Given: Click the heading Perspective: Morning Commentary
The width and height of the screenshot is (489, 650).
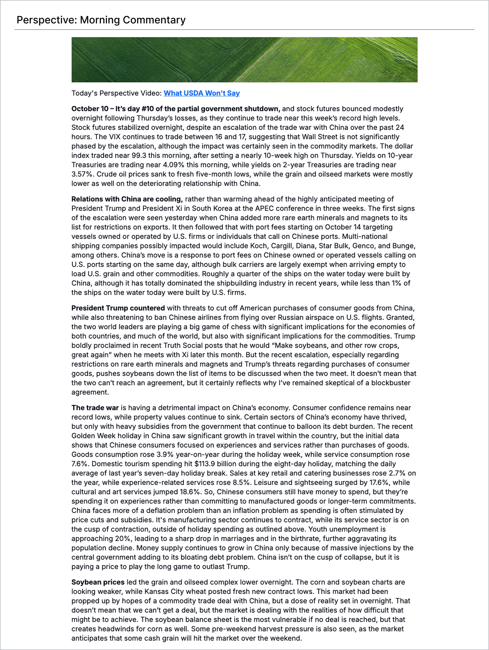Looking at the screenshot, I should pyautogui.click(x=101, y=20).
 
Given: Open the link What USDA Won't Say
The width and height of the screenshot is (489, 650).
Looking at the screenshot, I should pyautogui.click(x=201, y=93).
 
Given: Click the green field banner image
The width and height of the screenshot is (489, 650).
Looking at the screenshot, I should pyautogui.click(x=244, y=60).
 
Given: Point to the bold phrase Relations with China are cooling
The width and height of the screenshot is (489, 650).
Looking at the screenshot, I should pyautogui.click(x=127, y=199).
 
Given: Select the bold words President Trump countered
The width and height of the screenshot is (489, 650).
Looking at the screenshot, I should pyautogui.click(x=118, y=308).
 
